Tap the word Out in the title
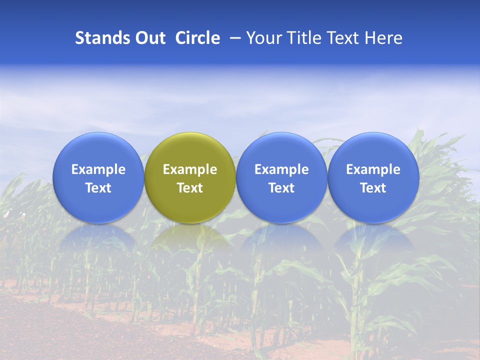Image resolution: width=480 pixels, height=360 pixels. point(149,38)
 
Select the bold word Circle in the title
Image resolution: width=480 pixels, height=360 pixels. point(197,38)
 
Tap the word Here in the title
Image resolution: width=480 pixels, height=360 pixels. point(383,38)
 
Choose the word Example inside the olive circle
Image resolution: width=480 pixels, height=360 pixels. point(190,169)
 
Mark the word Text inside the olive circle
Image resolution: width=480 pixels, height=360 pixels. point(190,188)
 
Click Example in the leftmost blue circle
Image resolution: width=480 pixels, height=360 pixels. point(98,169)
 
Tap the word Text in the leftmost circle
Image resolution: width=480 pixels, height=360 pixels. point(98,188)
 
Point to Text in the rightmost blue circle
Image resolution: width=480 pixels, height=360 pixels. point(373,188)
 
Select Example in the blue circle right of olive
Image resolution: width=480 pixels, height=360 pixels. point(281,169)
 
